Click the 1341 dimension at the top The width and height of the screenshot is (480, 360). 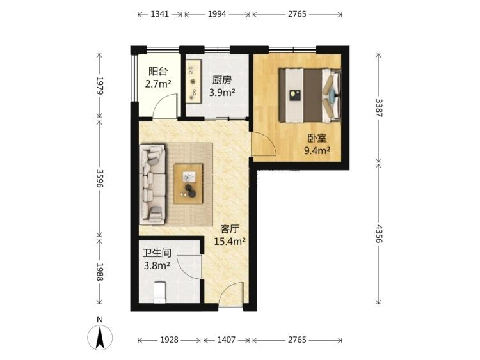point(160,14)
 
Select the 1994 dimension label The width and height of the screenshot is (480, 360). point(217,14)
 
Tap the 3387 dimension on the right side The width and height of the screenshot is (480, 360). point(379,108)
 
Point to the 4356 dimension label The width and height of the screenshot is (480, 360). point(379,233)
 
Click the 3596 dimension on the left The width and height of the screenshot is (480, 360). point(99,178)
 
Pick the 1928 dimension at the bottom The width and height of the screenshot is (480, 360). point(170,340)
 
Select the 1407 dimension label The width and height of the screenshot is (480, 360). point(226,340)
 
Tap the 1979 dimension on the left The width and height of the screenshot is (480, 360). point(99,86)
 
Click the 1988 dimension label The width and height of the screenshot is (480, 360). point(99,272)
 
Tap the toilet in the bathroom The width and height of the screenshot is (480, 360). point(159,292)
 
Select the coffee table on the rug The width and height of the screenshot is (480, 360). point(188,184)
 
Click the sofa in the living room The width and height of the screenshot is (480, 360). point(152,184)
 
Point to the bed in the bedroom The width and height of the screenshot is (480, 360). point(310,95)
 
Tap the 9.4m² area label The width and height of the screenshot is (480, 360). point(317,150)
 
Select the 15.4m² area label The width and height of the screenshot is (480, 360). point(230,242)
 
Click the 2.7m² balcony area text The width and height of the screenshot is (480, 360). point(158,84)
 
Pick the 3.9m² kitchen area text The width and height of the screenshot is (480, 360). point(222,92)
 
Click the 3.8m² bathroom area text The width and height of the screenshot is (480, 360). point(157,265)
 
